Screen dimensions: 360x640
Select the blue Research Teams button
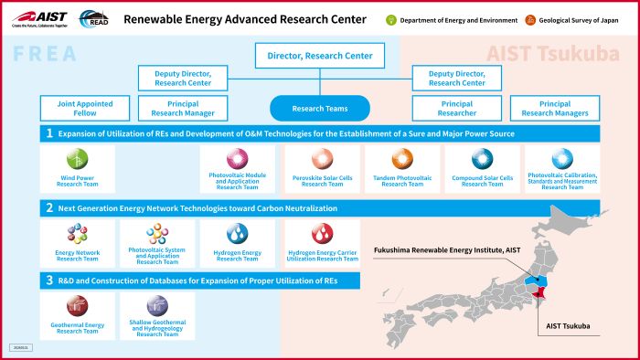pos(320,109)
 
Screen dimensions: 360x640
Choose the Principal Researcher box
pos(450,109)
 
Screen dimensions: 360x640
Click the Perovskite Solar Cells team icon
pos(320,159)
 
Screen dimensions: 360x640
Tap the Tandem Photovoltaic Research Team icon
pos(402,159)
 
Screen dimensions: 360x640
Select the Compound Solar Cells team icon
pos(482,159)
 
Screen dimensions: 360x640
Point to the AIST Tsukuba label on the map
pos(569,326)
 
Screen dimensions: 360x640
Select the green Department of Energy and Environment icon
pos(390,19)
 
